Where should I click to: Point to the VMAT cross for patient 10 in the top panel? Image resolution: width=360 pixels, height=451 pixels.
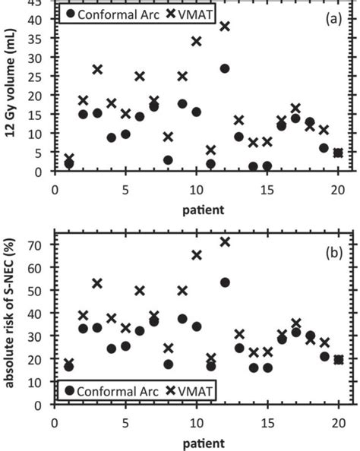click(197, 41)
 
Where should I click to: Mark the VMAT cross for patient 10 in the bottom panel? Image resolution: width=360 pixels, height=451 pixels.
click(197, 255)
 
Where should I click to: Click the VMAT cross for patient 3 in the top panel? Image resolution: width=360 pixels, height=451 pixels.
click(97, 69)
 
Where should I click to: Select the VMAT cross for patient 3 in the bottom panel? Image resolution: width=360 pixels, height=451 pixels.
click(97, 283)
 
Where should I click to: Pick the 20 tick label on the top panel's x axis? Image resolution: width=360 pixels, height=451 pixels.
click(339, 186)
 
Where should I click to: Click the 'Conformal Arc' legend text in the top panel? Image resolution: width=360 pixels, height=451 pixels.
click(115, 13)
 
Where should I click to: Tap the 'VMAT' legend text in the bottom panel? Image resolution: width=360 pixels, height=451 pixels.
click(176, 390)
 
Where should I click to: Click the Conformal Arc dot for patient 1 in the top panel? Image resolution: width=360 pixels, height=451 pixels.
click(69, 164)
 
